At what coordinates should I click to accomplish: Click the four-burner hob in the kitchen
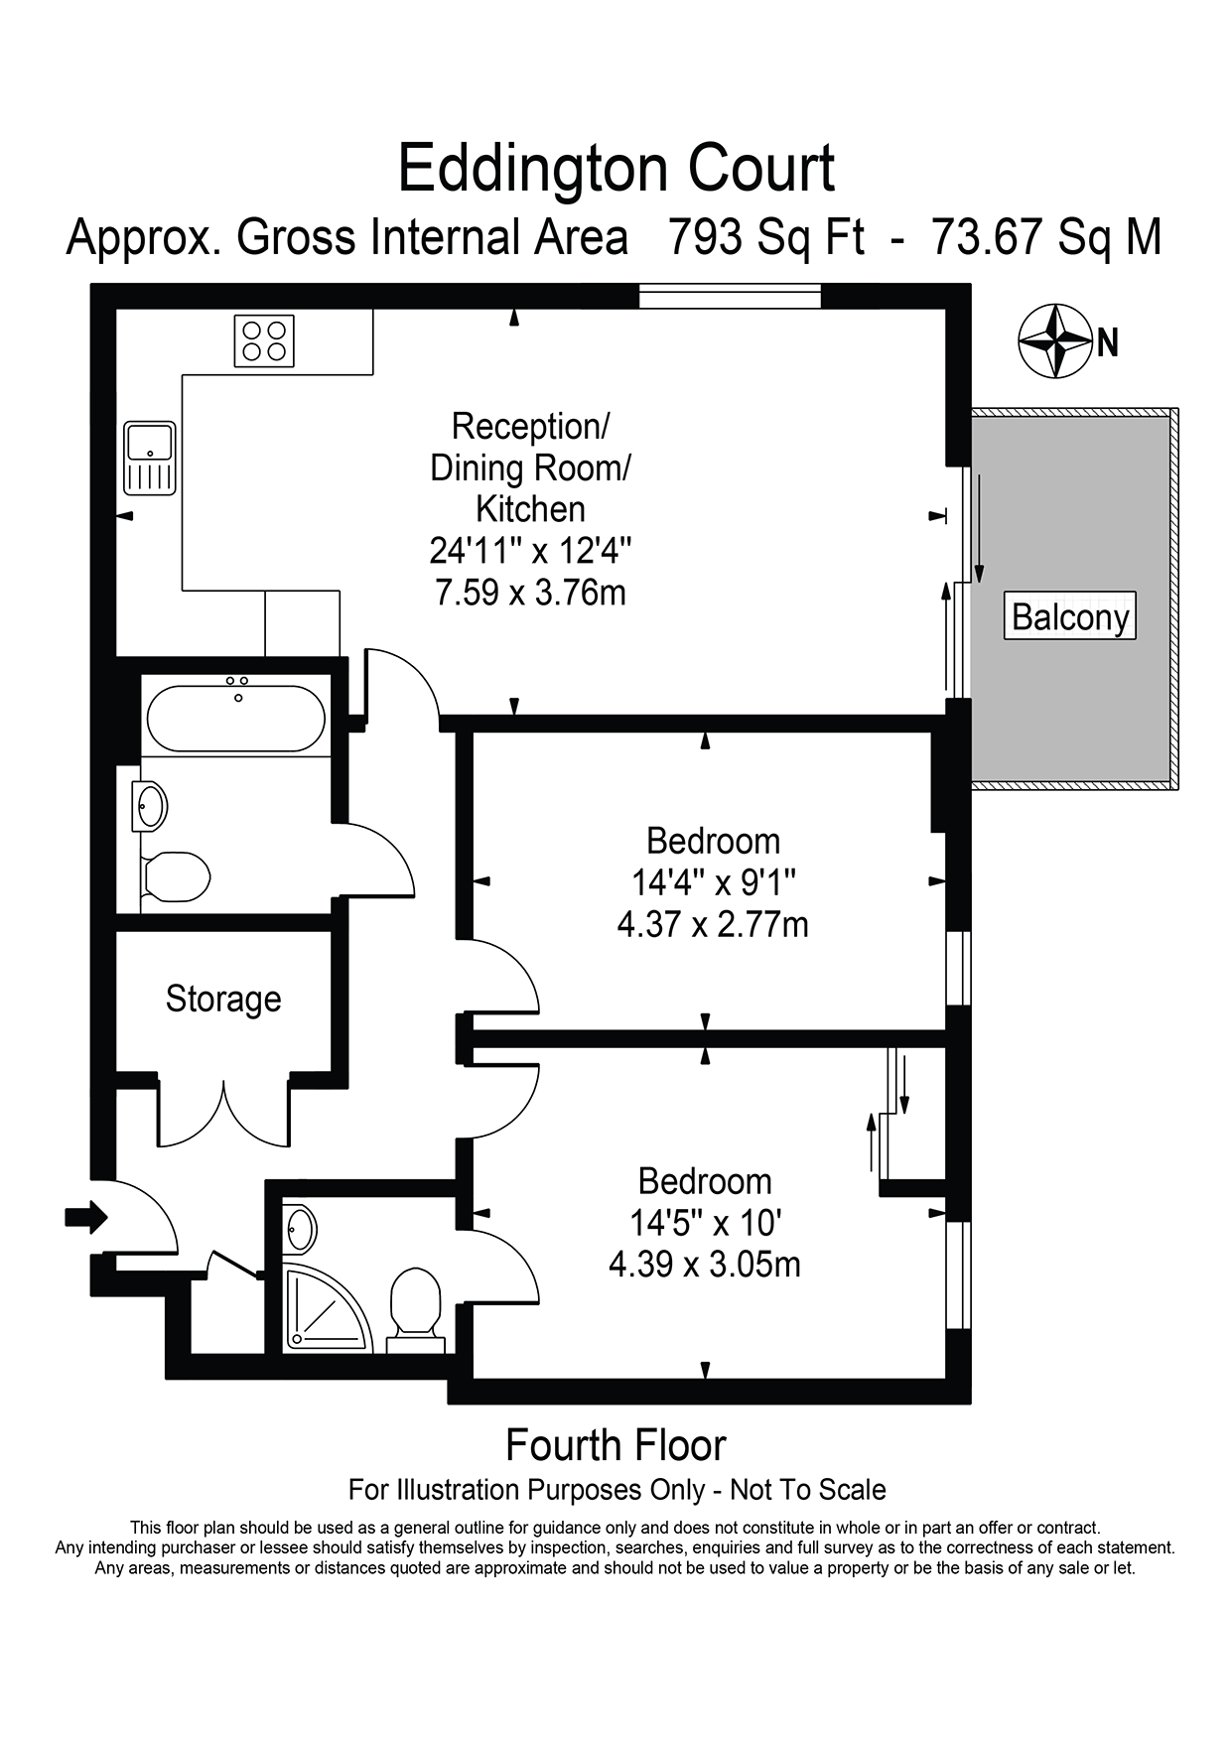[x=265, y=340]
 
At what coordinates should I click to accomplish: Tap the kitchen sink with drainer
[x=150, y=458]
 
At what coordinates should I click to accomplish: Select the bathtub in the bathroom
[x=235, y=718]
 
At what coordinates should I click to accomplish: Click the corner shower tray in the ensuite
[x=326, y=1309]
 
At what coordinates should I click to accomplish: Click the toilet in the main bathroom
[x=175, y=876]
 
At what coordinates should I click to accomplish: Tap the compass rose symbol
[x=1056, y=341]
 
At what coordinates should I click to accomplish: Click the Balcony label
[x=1070, y=617]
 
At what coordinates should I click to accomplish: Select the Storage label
[x=223, y=999]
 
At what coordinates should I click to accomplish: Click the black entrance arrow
[x=85, y=1216]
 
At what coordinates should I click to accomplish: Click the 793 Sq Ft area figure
[x=766, y=238]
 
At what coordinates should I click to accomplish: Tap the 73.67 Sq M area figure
[x=1046, y=238]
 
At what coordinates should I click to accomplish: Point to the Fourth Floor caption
[x=615, y=1445]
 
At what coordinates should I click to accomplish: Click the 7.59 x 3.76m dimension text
[x=531, y=593]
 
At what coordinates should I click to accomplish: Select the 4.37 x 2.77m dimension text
[x=713, y=925]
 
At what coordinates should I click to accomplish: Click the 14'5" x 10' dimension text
[x=705, y=1222]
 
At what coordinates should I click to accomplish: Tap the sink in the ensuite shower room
[x=300, y=1231]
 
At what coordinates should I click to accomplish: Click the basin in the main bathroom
[x=150, y=806]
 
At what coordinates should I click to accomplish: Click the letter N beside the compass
[x=1108, y=343]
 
